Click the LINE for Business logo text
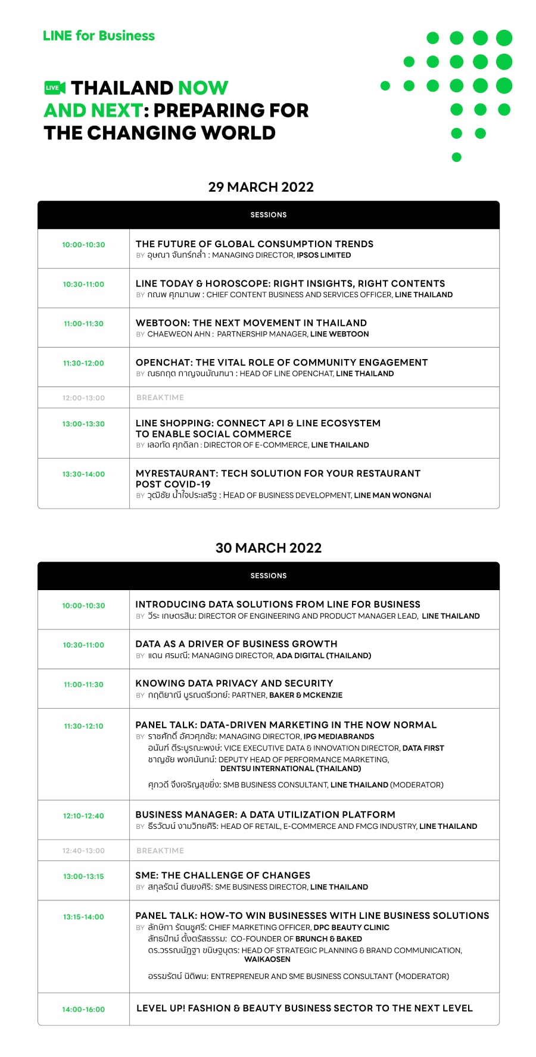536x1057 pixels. pyautogui.click(x=99, y=36)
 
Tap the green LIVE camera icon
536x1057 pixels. pyautogui.click(x=55, y=88)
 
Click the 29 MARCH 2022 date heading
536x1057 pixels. pyautogui.click(x=261, y=187)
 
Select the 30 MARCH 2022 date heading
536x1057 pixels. pyautogui.click(x=269, y=548)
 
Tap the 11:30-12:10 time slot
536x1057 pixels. pyautogui.click(x=83, y=726)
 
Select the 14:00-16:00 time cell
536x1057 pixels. pyautogui.click(x=83, y=1009)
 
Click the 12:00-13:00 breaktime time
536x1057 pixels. pyautogui.click(x=83, y=398)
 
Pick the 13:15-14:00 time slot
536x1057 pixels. pyautogui.click(x=83, y=917)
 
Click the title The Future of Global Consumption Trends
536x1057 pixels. pyautogui.click(x=254, y=244)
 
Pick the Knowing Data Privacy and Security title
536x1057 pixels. pyautogui.click(x=234, y=683)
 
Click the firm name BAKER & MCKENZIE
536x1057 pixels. pyautogui.click(x=306, y=695)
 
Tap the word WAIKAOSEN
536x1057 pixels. pyautogui.click(x=267, y=959)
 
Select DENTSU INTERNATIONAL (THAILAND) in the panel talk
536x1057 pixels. pyautogui.click(x=291, y=769)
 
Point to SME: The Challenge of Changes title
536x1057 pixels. pyautogui.click(x=223, y=875)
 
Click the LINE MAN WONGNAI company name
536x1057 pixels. pyautogui.click(x=392, y=495)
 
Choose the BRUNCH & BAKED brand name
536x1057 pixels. pyautogui.click(x=329, y=939)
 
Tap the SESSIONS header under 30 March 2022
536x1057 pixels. pyautogui.click(x=269, y=576)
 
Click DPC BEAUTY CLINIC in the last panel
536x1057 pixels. pyautogui.click(x=351, y=927)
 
